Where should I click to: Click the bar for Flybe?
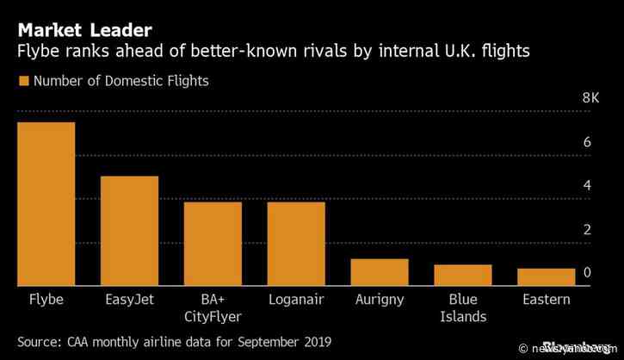click(46, 204)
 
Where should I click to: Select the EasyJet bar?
click(129, 231)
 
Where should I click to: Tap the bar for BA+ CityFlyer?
click(213, 244)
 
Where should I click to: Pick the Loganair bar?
click(296, 244)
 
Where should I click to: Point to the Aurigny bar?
click(380, 272)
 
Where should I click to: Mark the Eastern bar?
click(546, 276)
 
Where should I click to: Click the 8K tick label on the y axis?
click(590, 98)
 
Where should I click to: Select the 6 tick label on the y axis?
click(586, 142)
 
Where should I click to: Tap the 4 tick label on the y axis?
click(586, 186)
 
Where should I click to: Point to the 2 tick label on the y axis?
click(586, 230)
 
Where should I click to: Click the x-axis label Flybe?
click(46, 300)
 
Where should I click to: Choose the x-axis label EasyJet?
click(129, 300)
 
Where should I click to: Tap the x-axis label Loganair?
click(296, 300)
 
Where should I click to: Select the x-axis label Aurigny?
click(380, 300)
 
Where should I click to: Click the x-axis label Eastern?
click(546, 300)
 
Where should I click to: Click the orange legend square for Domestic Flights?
click(23, 82)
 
